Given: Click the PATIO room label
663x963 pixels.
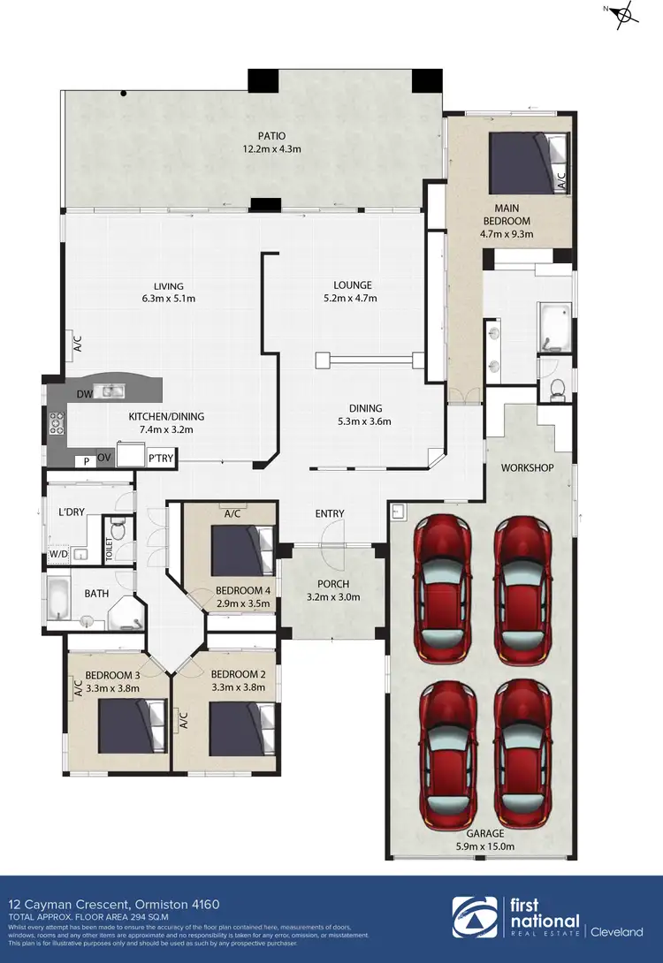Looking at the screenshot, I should point(271,136).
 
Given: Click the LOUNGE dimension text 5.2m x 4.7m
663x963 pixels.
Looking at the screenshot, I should point(353,299).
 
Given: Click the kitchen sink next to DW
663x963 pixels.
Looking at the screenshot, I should point(111,391).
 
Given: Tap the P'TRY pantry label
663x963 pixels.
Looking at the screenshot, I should point(160,458).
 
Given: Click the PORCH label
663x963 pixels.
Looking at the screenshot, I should point(333,584).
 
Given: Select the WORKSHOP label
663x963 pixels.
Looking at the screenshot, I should point(528,466).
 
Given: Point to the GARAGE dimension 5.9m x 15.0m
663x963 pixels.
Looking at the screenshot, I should point(486,845).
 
